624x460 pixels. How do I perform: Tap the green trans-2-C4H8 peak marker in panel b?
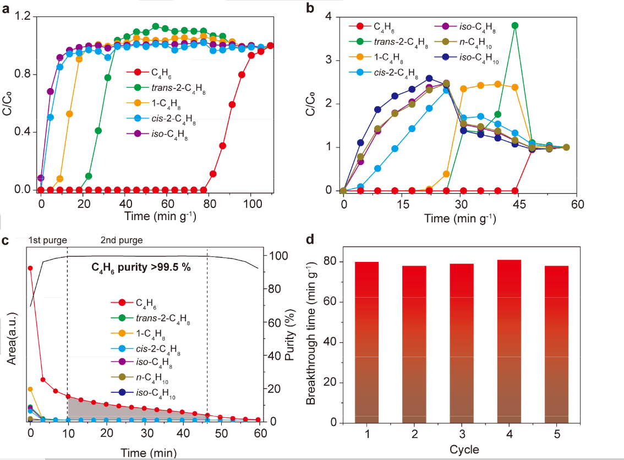pyautogui.click(x=514, y=25)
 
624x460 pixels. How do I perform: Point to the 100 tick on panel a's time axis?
pyautogui.click(x=251, y=201)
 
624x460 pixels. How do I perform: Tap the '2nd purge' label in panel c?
pyautogui.click(x=121, y=240)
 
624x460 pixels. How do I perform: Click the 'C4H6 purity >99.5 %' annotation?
pyautogui.click(x=141, y=267)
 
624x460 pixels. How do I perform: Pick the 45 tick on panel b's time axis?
pyautogui.click(x=518, y=202)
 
